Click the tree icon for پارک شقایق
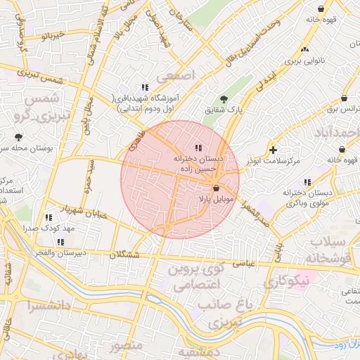224,99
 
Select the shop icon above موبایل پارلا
216,188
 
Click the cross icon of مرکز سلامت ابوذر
273,150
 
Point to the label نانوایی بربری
304,61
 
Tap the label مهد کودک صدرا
49,230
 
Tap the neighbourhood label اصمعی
175,75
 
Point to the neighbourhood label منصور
127,345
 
